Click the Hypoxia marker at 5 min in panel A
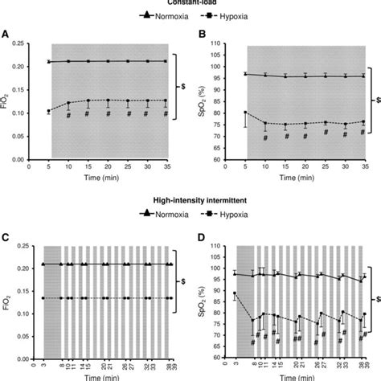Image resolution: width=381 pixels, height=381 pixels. point(49,111)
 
